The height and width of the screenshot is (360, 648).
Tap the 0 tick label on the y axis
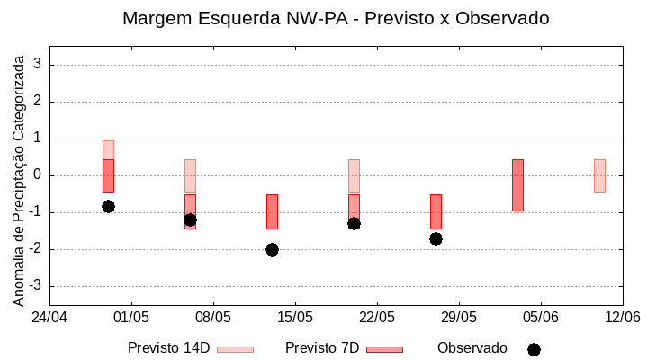tap(38, 175)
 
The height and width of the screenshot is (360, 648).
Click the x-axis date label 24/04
tap(49, 317)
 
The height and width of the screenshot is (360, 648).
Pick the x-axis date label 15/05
tap(294, 317)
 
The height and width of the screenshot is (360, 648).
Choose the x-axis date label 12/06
tap(622, 317)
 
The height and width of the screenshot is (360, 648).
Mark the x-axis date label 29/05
tap(458, 317)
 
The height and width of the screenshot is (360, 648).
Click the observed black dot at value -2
tap(272, 249)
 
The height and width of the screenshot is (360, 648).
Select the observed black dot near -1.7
tap(436, 238)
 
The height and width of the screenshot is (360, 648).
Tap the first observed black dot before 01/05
tap(108, 206)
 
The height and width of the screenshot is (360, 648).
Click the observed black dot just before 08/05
tap(190, 220)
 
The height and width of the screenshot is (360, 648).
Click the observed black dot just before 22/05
tap(354, 223)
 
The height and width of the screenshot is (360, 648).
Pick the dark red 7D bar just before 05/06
tap(517, 185)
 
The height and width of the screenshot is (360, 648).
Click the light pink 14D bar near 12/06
tap(599, 175)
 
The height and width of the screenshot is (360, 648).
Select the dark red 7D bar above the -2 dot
tap(272, 211)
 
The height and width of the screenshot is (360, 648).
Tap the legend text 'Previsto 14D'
tap(168, 348)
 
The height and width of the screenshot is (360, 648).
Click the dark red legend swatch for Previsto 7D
tap(384, 349)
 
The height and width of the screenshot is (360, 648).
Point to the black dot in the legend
tap(534, 349)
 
